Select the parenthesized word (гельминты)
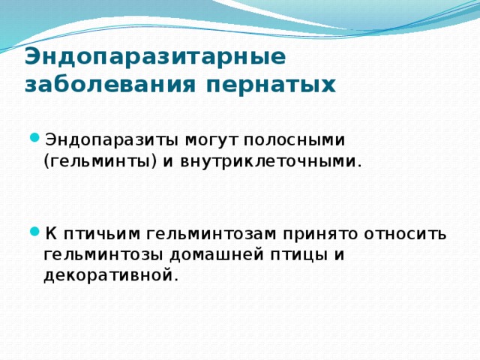[100, 161]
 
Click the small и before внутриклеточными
[173, 161]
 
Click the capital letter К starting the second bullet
[50, 232]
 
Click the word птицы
[298, 254]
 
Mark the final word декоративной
[111, 275]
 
